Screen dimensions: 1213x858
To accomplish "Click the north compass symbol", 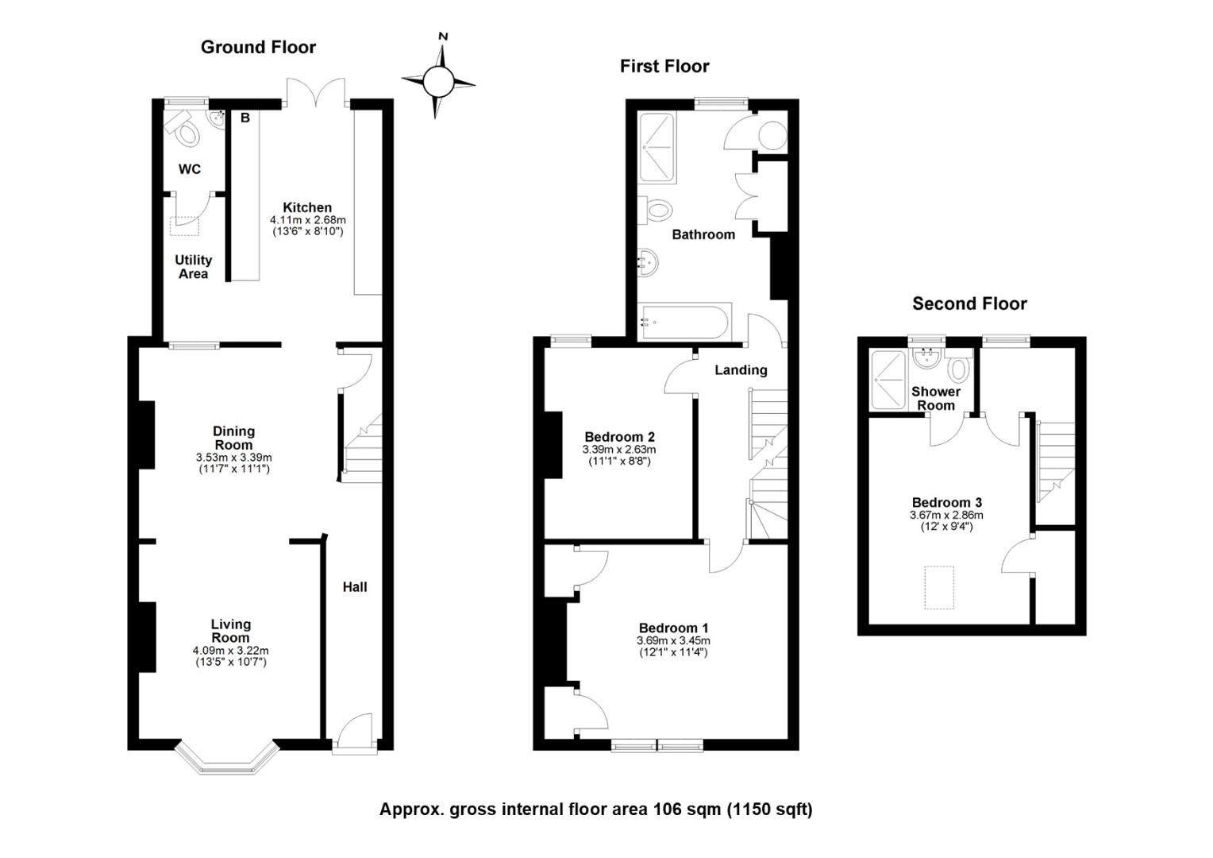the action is point(438,81).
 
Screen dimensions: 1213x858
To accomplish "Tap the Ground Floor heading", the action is point(258,47).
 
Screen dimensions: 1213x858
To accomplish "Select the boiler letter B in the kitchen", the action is point(245,118).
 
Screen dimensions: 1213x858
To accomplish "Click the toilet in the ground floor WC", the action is point(183,129).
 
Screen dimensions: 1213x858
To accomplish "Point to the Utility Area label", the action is point(194,267).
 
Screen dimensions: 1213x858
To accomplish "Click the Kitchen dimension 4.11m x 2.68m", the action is point(307,220).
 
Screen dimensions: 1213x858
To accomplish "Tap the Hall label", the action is point(355,586).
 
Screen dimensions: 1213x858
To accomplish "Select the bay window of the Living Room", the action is point(227,757).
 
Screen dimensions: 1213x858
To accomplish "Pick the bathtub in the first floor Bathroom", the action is point(684,322).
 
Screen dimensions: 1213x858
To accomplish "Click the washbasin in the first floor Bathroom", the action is point(648,262).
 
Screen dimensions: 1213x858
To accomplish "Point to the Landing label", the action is point(741,370).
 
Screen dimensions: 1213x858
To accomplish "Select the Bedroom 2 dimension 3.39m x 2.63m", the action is point(619,450).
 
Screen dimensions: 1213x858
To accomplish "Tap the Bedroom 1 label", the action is point(674,628).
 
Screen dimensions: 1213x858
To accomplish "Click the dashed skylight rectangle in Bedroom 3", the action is point(939,588).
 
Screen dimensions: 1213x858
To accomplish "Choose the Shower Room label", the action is point(936,398).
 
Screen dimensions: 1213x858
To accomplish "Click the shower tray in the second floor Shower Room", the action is point(887,380).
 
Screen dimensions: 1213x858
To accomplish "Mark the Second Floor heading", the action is point(969,303).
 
